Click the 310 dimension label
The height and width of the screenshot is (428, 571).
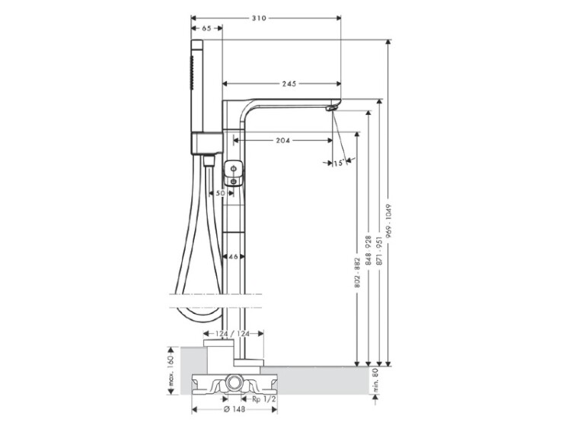(260, 17)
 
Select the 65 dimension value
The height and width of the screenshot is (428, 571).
(206, 28)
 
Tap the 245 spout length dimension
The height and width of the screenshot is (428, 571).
(289, 84)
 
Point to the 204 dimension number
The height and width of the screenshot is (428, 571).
(282, 141)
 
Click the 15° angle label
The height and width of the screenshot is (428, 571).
(339, 163)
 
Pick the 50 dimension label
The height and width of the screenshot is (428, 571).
(220, 193)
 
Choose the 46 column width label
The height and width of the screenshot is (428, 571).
(234, 257)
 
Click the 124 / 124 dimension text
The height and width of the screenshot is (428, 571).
(233, 334)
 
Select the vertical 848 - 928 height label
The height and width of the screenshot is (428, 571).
(368, 250)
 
